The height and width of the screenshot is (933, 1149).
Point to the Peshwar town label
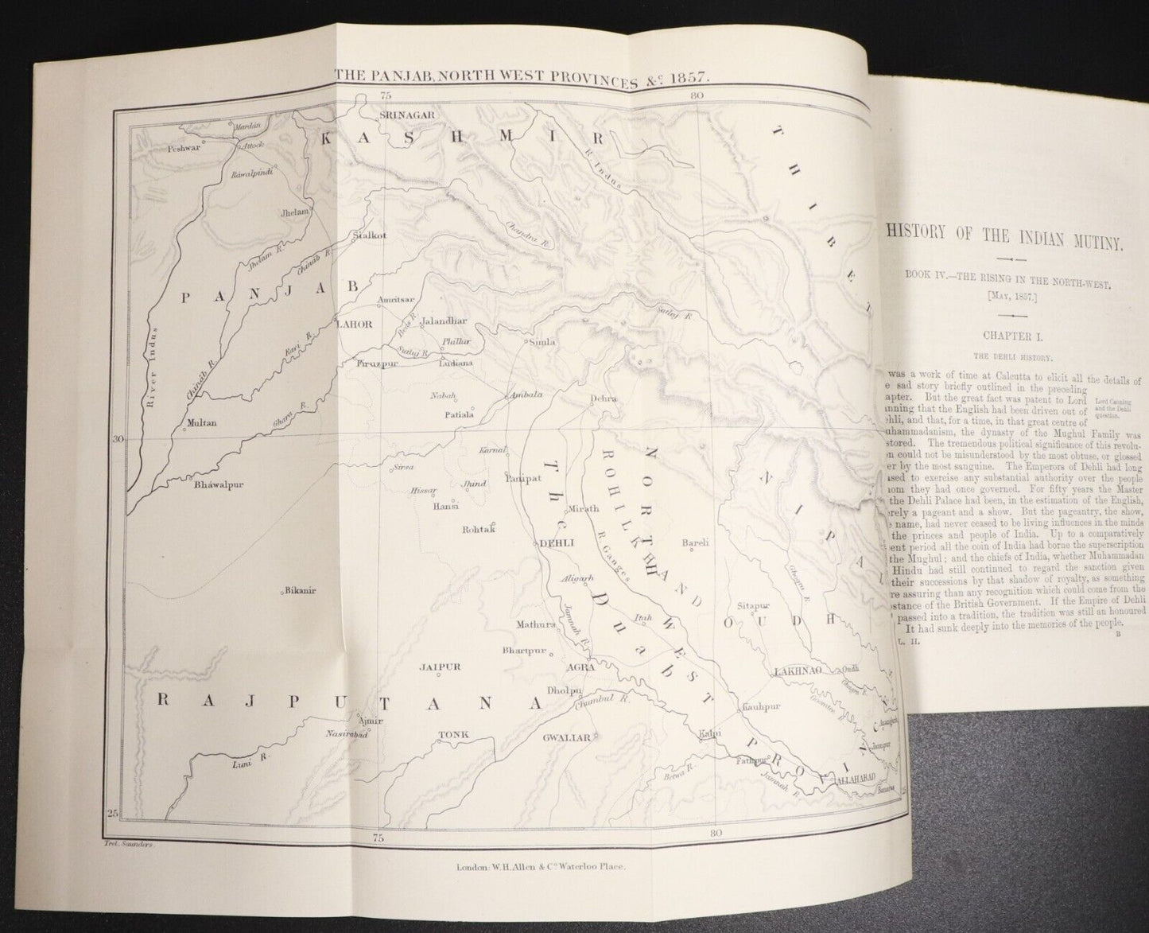(x=182, y=147)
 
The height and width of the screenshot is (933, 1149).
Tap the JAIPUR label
(x=441, y=668)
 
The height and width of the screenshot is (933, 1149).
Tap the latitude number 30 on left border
(x=115, y=438)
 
